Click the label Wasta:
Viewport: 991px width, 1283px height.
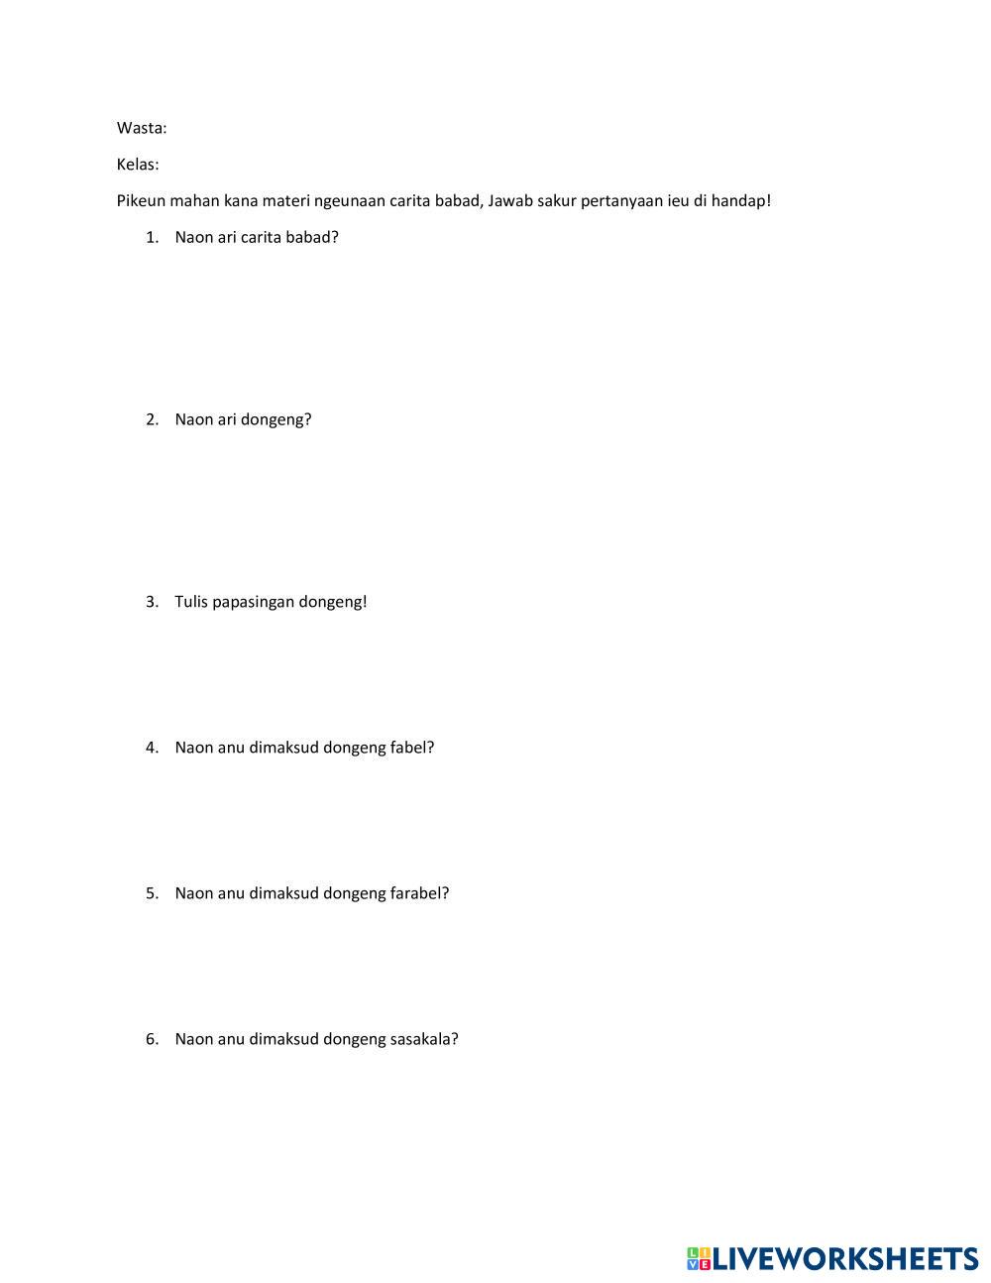[x=142, y=128]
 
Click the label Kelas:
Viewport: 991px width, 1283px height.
[x=138, y=165]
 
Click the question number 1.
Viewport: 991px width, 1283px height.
[x=152, y=237]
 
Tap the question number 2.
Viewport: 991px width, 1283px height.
[x=152, y=419]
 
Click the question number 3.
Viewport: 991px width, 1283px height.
[x=152, y=602]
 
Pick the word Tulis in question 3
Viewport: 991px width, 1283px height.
[x=191, y=602]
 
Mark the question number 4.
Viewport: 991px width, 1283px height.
[x=152, y=748]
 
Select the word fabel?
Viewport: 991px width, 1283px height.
[x=412, y=748]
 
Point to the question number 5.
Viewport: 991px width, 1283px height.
[x=152, y=893]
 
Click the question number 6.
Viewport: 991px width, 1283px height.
[x=152, y=1039]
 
